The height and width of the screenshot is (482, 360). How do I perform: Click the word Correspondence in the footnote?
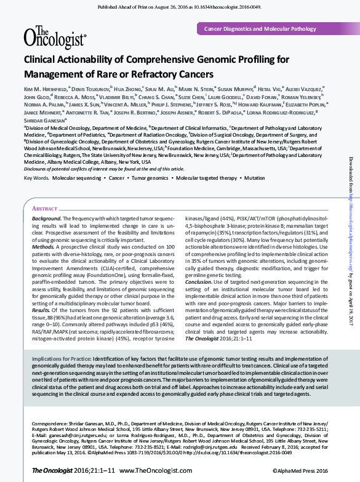[47, 424]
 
